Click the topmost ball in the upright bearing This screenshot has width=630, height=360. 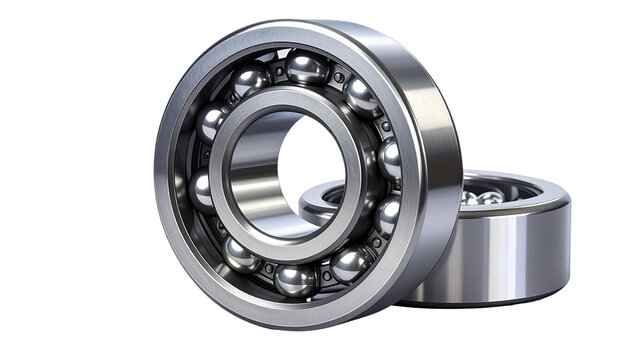click(x=306, y=68)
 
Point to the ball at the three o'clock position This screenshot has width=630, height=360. click(x=389, y=158)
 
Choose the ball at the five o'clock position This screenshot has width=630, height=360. click(x=350, y=264)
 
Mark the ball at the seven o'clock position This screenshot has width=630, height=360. click(x=241, y=254)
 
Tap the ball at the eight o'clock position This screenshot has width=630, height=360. click(x=205, y=190)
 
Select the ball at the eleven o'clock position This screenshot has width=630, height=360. click(x=250, y=79)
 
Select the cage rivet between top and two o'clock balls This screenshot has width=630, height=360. click(x=339, y=76)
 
